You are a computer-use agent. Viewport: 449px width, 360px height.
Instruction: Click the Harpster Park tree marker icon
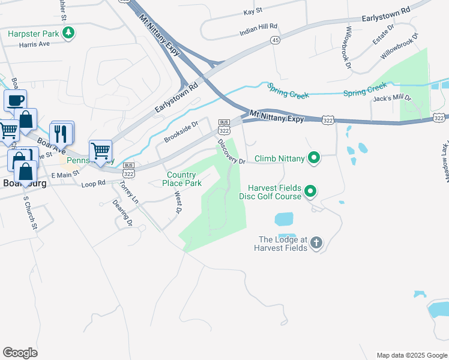click(x=69, y=32)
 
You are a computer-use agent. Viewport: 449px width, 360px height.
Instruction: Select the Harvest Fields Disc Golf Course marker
click(x=310, y=191)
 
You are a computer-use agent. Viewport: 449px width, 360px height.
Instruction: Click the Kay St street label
click(x=253, y=11)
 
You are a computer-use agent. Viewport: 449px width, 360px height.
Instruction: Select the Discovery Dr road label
click(x=231, y=152)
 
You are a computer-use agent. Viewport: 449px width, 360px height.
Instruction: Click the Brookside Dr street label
click(x=181, y=131)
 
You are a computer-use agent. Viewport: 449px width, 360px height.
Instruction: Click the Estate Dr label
click(x=382, y=35)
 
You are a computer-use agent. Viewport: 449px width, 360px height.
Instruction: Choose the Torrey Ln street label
click(x=129, y=193)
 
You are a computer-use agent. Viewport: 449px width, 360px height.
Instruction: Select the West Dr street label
click(x=178, y=202)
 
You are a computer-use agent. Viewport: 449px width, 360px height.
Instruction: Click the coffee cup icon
click(x=16, y=100)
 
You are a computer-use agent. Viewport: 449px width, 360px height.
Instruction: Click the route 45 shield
click(x=275, y=40)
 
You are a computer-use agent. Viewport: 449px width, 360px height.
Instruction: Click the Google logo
click(x=20, y=353)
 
